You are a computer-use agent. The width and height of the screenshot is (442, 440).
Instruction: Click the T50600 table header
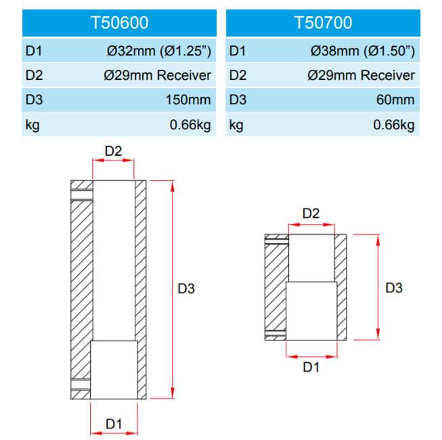pos(119,22)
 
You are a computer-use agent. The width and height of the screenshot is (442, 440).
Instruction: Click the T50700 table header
pos(323,22)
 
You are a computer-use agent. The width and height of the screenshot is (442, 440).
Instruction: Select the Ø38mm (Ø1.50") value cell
pos(363,51)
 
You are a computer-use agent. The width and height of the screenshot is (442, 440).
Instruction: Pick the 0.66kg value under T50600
pos(190,125)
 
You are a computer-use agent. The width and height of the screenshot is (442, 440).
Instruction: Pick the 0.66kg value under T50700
pos(394,125)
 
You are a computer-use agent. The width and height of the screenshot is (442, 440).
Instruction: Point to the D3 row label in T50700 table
pos(238,100)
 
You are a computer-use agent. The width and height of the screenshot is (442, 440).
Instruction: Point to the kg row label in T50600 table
pos(32,125)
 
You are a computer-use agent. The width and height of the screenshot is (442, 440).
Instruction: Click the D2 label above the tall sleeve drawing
pos(113,152)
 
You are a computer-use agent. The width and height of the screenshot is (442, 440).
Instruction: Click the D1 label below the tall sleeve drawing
pos(114,424)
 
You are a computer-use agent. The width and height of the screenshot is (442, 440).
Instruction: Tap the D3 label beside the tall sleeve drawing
pos(186,288)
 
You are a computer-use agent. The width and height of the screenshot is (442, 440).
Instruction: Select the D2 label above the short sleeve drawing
pos(311,213)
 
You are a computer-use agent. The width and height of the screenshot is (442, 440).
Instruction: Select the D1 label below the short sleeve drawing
pos(311,368)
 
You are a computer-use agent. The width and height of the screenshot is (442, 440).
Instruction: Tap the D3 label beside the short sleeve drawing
pos(394,288)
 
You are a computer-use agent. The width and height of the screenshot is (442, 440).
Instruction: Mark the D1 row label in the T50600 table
pos(34,51)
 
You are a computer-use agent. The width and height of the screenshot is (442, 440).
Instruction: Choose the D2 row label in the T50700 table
pos(238,75)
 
